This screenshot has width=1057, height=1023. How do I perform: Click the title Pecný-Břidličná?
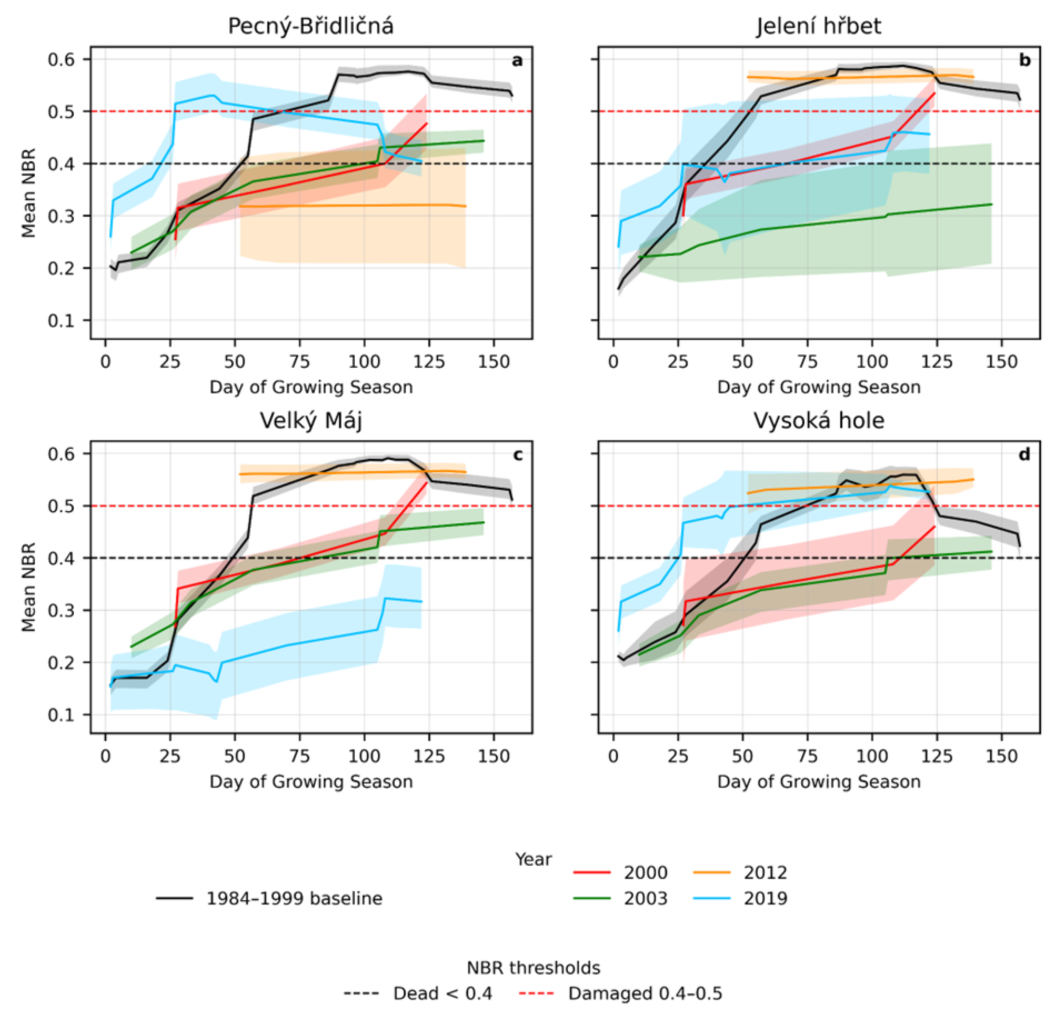[x=310, y=26]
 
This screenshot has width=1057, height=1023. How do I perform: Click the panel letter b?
[x=1025, y=60]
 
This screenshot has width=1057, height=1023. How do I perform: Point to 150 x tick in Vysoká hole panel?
[x=1002, y=757]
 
